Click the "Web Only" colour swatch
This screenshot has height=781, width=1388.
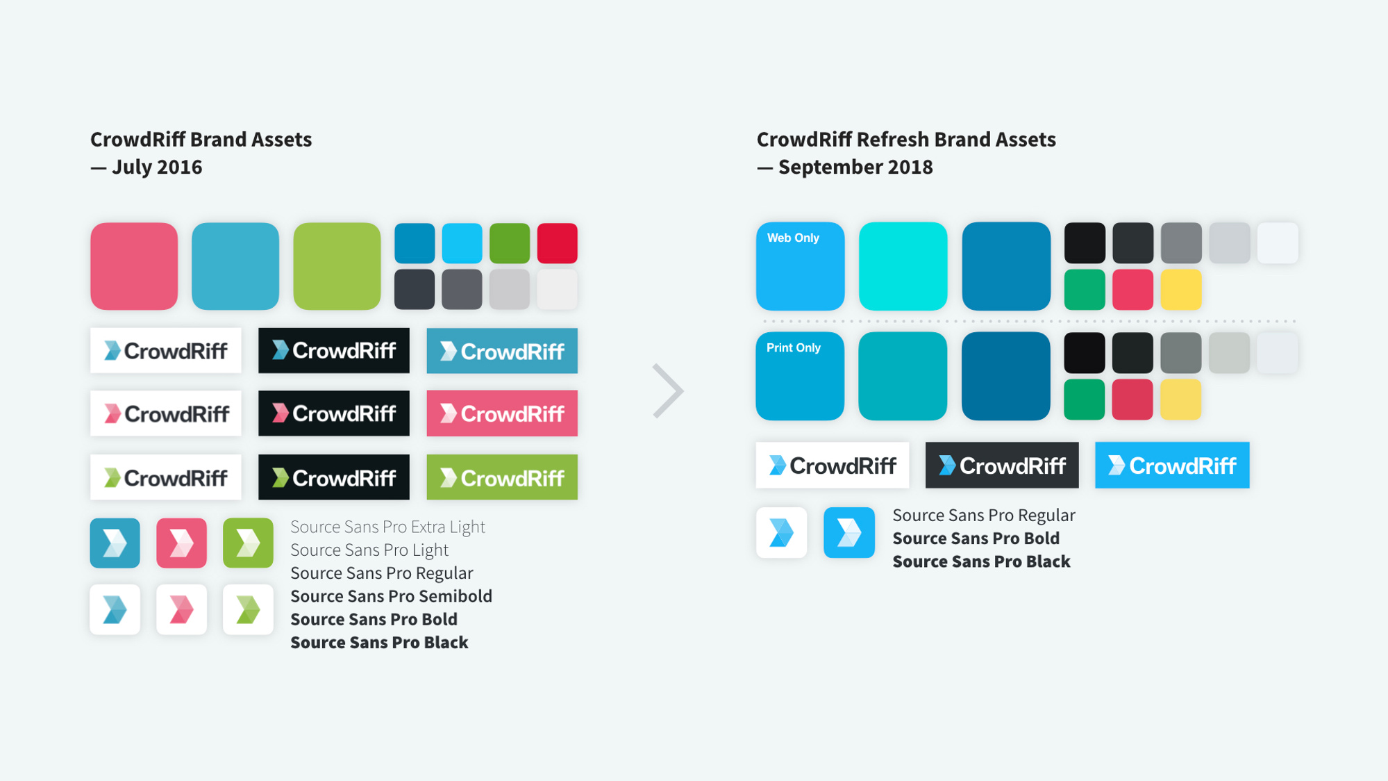point(800,266)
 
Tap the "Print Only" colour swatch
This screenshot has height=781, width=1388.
point(800,376)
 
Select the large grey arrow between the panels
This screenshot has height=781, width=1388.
point(668,390)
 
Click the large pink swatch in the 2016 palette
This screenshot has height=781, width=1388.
point(134,266)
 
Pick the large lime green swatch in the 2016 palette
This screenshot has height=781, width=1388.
point(337,266)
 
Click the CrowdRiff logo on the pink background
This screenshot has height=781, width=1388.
point(502,413)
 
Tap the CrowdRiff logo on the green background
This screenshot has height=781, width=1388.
point(502,477)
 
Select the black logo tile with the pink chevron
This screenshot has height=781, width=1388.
point(334,413)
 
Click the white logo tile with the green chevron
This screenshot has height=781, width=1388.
point(166,477)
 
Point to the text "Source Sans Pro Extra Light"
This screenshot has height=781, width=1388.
point(387,527)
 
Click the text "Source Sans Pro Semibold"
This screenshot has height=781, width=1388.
point(391,596)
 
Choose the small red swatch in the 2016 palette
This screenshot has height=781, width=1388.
point(558,243)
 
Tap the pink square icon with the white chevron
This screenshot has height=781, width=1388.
point(181,543)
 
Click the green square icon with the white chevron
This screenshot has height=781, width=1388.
point(248,543)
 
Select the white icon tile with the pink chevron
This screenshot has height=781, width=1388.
point(181,609)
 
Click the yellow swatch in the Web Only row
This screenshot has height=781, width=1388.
point(1181,290)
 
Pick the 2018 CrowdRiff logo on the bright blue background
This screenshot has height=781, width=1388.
point(1172,465)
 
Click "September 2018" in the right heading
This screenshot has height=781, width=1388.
point(855,167)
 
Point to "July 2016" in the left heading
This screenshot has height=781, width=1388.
point(157,167)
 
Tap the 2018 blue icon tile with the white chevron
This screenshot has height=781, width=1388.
point(849,533)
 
